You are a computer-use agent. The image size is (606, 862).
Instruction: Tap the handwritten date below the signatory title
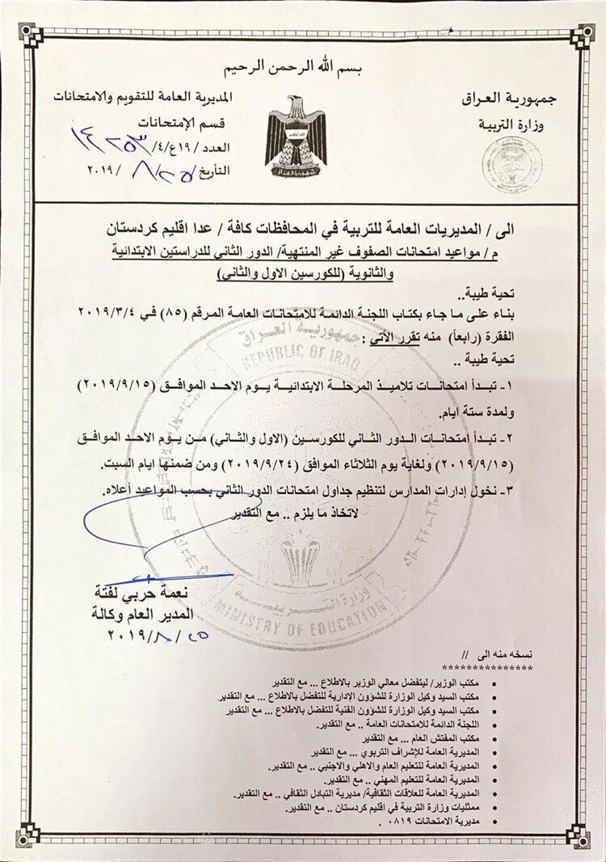(x=158, y=635)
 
